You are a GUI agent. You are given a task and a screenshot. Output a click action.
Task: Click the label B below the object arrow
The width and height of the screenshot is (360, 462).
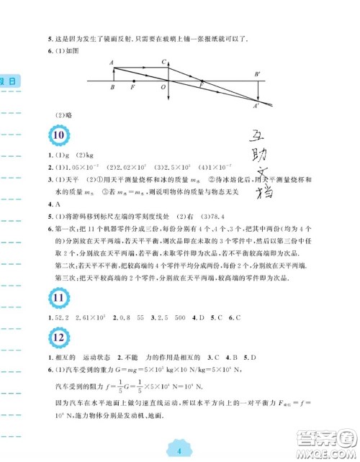pos(112,87)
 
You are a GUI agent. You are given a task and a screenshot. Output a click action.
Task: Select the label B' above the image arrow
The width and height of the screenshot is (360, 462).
pos(257,73)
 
